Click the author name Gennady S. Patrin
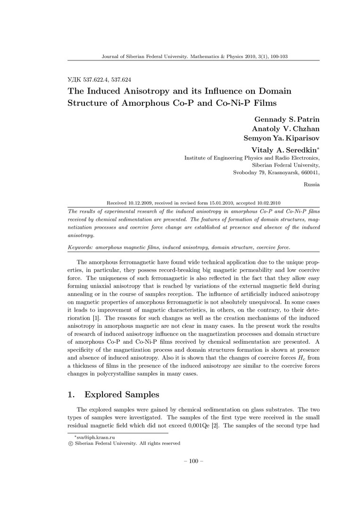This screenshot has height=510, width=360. point(287,119)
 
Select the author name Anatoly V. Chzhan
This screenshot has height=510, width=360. point(286,129)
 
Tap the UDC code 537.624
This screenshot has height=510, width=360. point(121,80)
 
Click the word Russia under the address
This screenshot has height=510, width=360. point(312,185)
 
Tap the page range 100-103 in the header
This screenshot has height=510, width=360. point(277,56)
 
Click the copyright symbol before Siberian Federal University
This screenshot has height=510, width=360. point(71,443)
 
